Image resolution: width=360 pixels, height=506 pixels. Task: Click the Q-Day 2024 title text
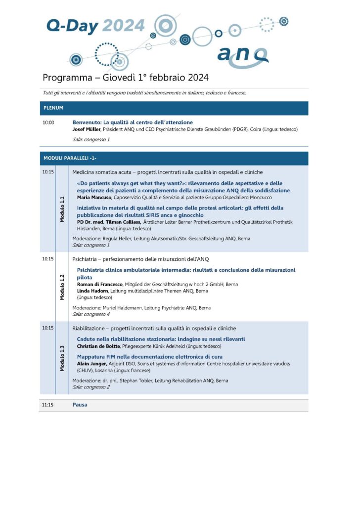(x=95, y=25)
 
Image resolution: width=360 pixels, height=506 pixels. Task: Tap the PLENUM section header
(x=53, y=108)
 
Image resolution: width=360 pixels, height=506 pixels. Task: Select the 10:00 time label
(x=48, y=123)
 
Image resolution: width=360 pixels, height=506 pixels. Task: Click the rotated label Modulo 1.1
(x=62, y=210)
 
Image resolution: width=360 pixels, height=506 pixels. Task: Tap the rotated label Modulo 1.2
(x=62, y=287)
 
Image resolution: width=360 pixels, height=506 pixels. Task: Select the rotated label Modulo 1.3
(x=62, y=358)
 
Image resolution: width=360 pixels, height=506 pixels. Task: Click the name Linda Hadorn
(x=92, y=291)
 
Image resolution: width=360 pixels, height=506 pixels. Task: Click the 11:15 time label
(x=48, y=405)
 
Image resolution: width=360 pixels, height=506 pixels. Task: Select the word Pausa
(x=80, y=405)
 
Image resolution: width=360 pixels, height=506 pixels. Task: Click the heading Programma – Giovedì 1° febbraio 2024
(x=126, y=78)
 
